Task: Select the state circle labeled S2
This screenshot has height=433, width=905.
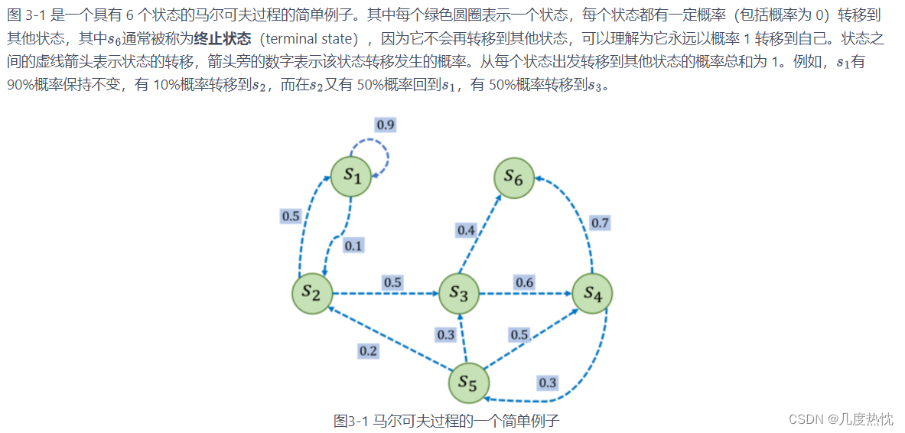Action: [x=312, y=293]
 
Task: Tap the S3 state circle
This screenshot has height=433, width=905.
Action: [x=459, y=293]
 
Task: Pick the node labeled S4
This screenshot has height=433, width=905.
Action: [x=592, y=293]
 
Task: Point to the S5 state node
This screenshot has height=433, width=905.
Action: [x=468, y=383]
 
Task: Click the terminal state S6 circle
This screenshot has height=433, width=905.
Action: [x=513, y=178]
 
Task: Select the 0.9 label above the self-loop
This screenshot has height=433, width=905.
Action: [x=386, y=125]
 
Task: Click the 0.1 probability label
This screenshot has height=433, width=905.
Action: [x=353, y=246]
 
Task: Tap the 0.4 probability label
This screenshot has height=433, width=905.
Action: [x=466, y=230]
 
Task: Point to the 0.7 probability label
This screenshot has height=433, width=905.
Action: [x=600, y=223]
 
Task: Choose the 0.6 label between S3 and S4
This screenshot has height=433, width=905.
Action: [x=524, y=282]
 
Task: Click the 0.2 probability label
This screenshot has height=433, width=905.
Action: [x=368, y=351]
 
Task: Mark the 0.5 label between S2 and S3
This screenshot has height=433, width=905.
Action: [x=392, y=282]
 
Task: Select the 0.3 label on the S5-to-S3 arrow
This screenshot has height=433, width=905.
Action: [x=445, y=334]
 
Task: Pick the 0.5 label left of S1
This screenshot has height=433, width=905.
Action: [x=291, y=216]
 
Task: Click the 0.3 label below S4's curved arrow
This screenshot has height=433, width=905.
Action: [x=547, y=383]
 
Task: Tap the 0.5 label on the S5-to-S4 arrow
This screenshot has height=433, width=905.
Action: [x=519, y=334]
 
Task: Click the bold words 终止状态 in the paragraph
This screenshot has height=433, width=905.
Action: [x=223, y=38]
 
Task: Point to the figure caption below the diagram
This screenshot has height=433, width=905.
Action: [x=447, y=420]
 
